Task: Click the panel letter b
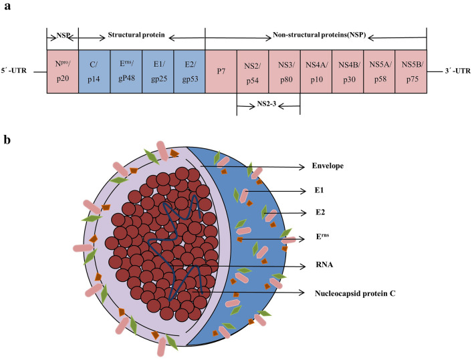7,140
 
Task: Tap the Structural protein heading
135,33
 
